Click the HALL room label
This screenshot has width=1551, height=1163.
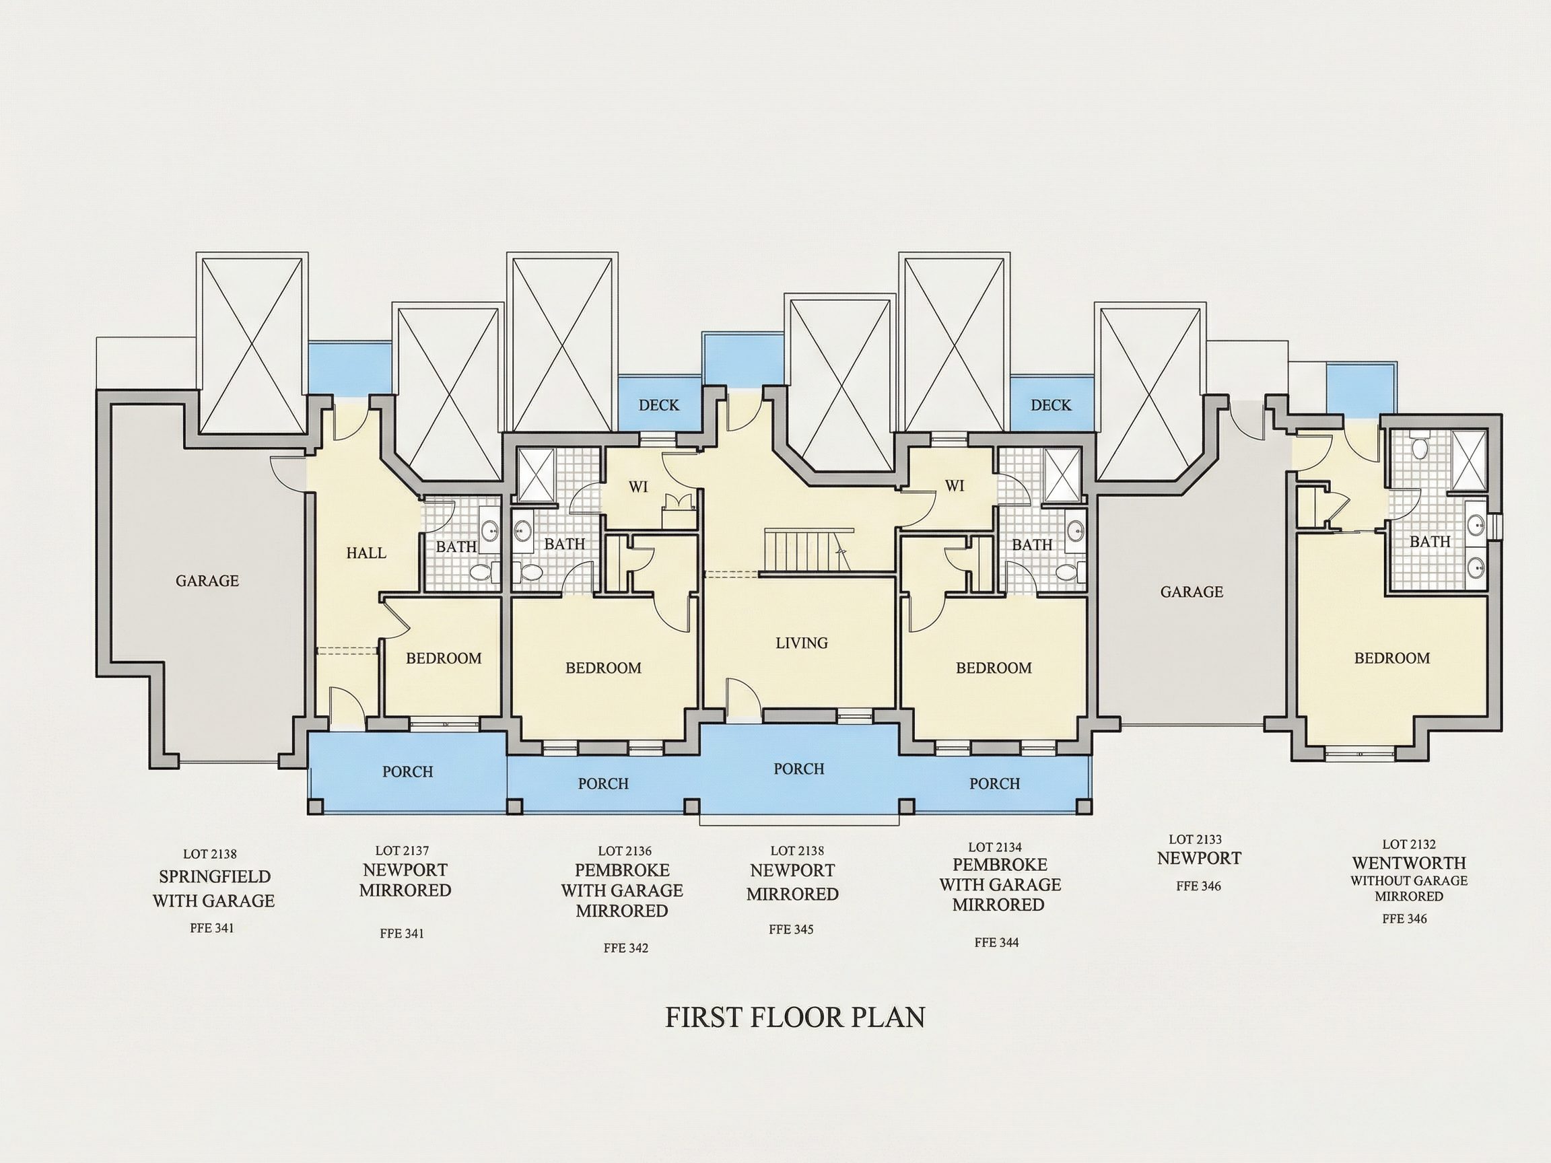(366, 553)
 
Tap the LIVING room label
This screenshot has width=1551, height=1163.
(802, 643)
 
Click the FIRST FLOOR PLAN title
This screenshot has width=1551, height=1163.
(795, 1017)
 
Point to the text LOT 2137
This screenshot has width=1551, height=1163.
(402, 851)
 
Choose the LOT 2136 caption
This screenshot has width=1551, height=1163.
(625, 851)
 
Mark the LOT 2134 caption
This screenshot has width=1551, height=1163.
(995, 847)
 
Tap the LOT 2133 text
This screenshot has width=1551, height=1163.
(1196, 839)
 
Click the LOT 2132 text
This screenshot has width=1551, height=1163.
(1410, 845)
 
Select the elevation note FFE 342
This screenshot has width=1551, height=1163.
(626, 948)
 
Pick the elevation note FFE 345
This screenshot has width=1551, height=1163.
(791, 929)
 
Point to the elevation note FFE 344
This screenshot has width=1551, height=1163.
(996, 943)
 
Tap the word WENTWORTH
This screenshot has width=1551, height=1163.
(1410, 863)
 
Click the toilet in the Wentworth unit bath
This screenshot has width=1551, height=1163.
(1420, 448)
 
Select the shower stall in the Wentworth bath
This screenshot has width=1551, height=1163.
(1468, 459)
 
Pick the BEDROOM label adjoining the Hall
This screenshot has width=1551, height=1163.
(444, 658)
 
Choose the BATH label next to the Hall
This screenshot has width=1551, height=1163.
(456, 547)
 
